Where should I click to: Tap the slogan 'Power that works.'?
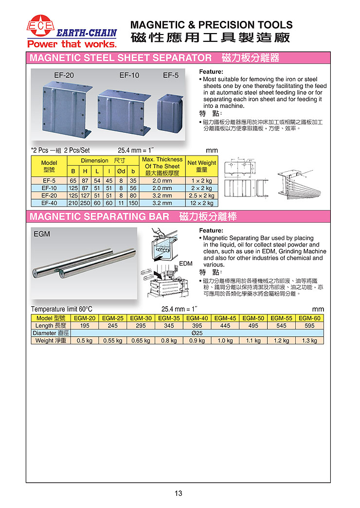point(72,44)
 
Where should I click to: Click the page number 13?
point(179,493)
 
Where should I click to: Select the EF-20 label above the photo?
point(64,75)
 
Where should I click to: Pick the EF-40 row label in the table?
point(49,203)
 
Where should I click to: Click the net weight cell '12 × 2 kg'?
point(201,203)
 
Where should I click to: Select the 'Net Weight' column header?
point(201,166)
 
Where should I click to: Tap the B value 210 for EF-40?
point(73,203)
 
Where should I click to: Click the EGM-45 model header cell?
point(225,318)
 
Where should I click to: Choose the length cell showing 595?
point(309,326)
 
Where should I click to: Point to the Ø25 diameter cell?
point(197,333)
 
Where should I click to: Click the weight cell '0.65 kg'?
point(141,340)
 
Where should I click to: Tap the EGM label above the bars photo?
point(42,234)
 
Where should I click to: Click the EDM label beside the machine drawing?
point(186,263)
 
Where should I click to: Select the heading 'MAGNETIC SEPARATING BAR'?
point(100,217)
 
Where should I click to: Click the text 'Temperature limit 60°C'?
point(62,309)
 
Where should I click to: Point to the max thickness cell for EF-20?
point(162,195)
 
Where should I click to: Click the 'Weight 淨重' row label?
point(51,340)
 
